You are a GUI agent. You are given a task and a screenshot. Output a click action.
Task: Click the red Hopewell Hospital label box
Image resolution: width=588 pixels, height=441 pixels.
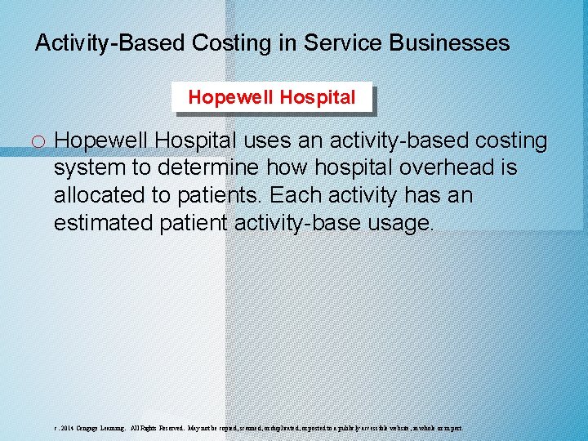point(272,98)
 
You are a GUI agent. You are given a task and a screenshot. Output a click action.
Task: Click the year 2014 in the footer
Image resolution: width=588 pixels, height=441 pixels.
point(66,427)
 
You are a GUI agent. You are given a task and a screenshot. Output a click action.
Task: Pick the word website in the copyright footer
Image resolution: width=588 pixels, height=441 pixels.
point(396,427)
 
